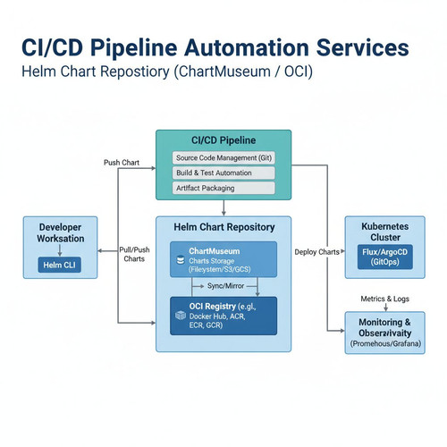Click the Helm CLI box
pyautogui.click(x=60, y=265)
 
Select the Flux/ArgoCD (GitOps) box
pyautogui.click(x=385, y=257)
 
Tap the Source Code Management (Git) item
pyautogui.click(x=223, y=158)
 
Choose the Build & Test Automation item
pyautogui.click(x=223, y=173)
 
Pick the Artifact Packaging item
pyautogui.click(x=223, y=188)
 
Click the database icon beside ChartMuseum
pyautogui.click(x=181, y=260)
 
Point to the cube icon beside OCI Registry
pyautogui.click(x=181, y=316)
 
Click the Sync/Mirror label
pyautogui.click(x=225, y=286)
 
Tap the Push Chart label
pyautogui.click(x=122, y=163)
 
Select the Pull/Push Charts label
pyautogui.click(x=134, y=254)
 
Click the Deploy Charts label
pyautogui.click(x=316, y=252)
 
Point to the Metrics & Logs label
pyautogui.click(x=384, y=299)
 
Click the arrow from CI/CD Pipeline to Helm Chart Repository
pyautogui.click(x=223, y=207)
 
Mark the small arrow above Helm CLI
pyautogui.click(x=60, y=250)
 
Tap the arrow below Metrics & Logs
pyautogui.click(x=385, y=308)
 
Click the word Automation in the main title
pyautogui.click(x=247, y=47)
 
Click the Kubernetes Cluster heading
pyautogui.click(x=385, y=232)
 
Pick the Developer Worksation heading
pyautogui.click(x=61, y=232)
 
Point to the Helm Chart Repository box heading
pyautogui.click(x=224, y=227)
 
